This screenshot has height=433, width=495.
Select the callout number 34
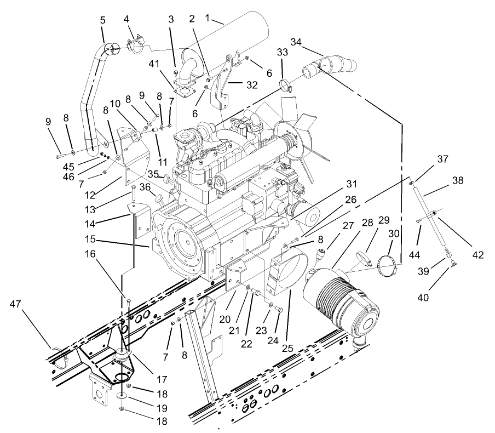point(296,42)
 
